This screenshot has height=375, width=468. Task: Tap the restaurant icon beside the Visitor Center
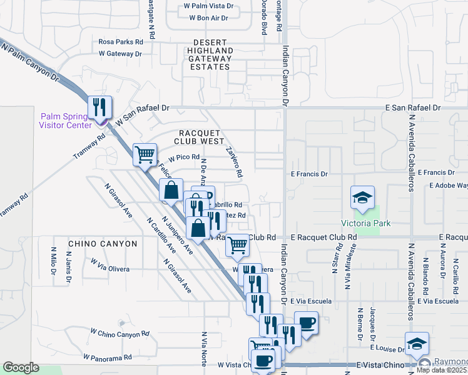point(99,108)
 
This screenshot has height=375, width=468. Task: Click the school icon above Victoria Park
point(362,199)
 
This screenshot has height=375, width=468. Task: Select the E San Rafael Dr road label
point(413,107)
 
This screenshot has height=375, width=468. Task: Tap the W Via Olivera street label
point(110,269)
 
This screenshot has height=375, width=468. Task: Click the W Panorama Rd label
point(111,357)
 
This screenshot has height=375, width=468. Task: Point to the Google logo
point(21,367)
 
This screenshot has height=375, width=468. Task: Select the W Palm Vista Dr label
point(208,6)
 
